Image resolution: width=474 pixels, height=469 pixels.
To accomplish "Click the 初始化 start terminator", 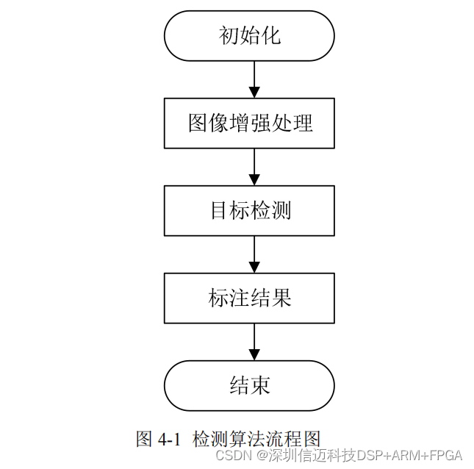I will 249,35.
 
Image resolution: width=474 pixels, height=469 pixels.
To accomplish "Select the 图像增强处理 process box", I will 249,123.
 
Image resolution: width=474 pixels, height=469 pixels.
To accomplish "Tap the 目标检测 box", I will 249,210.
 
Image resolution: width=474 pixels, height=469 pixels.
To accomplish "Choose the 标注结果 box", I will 249,298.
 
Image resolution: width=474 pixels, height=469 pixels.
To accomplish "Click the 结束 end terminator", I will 249,385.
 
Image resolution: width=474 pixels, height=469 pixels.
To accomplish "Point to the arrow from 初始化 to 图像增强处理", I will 254,79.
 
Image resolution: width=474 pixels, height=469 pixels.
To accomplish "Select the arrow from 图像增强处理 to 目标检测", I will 254,167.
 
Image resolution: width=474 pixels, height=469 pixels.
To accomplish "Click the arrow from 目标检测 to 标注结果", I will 254,254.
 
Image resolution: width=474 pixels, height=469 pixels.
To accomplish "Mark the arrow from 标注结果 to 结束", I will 254,342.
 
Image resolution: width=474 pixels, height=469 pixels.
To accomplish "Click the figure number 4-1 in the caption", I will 168,440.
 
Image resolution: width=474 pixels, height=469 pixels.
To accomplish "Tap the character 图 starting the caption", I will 144,440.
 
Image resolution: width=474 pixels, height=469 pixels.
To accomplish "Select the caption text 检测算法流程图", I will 256,440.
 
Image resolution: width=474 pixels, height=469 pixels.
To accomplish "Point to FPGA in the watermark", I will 446,455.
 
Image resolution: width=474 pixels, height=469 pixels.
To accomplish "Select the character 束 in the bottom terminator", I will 260,385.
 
